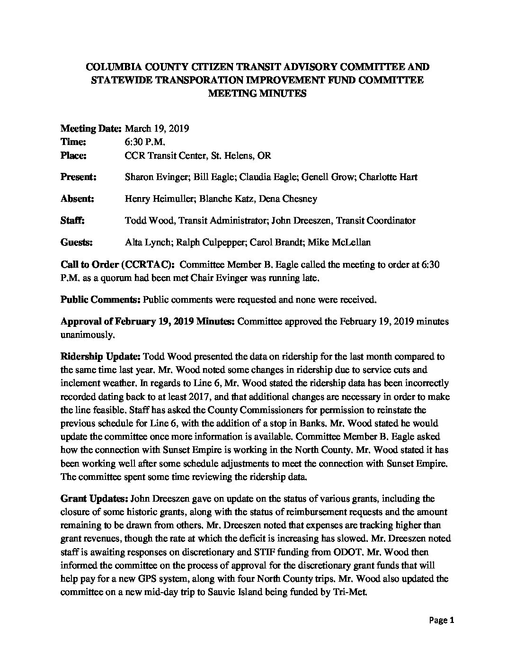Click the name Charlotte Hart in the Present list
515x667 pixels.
[x=388, y=177]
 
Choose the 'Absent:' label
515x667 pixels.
[x=77, y=199]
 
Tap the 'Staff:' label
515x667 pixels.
[x=72, y=221]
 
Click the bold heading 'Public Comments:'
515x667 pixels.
[x=100, y=299]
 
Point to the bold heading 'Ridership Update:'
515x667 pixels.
[x=100, y=356]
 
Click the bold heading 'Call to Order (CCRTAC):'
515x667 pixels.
[x=118, y=264]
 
